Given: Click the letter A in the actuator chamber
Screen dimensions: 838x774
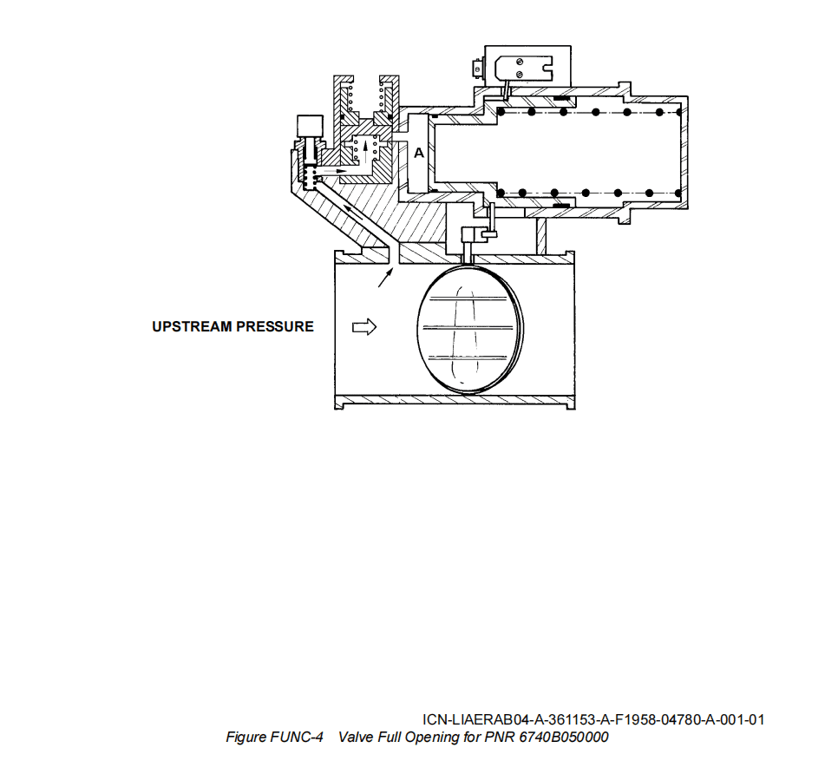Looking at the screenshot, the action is [x=418, y=153].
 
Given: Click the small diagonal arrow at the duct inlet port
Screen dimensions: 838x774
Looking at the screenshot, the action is [x=383, y=277].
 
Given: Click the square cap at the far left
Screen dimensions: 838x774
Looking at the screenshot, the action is [x=308, y=126].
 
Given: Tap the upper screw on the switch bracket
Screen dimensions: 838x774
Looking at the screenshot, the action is [x=518, y=61].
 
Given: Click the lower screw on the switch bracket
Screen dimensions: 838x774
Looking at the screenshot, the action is [x=518, y=75].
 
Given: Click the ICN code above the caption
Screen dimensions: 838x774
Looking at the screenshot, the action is [x=593, y=720].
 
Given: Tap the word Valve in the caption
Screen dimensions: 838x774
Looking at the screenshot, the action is [x=355, y=738].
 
